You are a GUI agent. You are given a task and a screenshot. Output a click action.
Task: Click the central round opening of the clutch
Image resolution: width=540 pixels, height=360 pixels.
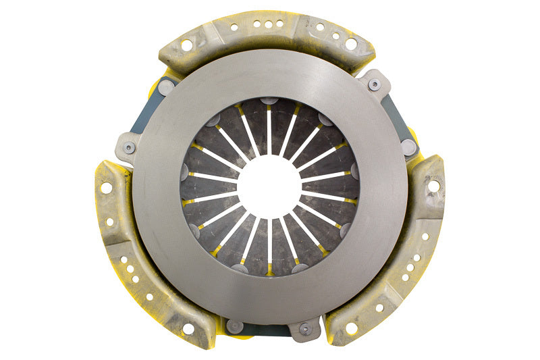pyautogui.click(x=270, y=186)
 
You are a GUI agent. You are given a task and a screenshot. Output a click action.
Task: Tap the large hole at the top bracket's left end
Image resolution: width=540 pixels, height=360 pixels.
pyautogui.click(x=187, y=45)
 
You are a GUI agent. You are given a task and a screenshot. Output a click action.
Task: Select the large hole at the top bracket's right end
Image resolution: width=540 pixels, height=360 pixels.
pyautogui.click(x=351, y=44)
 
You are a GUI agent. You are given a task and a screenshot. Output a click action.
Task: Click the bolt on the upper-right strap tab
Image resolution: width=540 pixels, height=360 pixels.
pyautogui.click(x=374, y=85)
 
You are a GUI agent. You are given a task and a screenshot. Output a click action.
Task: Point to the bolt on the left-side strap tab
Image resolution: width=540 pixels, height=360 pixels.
pyautogui.click(x=129, y=147)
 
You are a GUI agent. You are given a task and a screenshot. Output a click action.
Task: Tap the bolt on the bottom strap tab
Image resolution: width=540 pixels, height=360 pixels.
pyautogui.click(x=305, y=329)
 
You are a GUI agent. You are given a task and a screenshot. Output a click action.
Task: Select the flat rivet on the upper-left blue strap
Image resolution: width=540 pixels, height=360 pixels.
pyautogui.click(x=167, y=86)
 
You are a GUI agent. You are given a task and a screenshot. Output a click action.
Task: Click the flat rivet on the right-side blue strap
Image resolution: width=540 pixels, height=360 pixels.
pyautogui.click(x=408, y=146)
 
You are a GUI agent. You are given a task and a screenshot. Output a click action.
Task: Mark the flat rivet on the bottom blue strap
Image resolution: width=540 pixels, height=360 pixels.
pyautogui.click(x=235, y=326)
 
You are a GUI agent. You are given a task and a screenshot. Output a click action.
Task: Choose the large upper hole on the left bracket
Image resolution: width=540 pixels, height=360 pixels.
pyautogui.click(x=107, y=188)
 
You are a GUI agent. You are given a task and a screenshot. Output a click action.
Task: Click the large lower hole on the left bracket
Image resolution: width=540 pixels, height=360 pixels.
pyautogui.click(x=188, y=329)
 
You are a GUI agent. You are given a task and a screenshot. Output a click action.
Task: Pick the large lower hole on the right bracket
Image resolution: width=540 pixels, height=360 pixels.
pyautogui.click(x=351, y=328)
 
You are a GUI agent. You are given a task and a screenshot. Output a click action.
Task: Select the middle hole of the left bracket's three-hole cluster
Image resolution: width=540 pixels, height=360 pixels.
pyautogui.click(x=128, y=268)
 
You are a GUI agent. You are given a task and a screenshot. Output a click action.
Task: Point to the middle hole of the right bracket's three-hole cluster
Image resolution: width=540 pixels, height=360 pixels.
pyautogui.click(x=410, y=267)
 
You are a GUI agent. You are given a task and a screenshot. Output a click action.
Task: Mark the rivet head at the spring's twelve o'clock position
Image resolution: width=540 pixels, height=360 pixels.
pyautogui.click(x=269, y=101)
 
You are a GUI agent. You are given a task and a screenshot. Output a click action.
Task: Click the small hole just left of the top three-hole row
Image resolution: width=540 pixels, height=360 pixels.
pyautogui.click(x=234, y=28)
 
